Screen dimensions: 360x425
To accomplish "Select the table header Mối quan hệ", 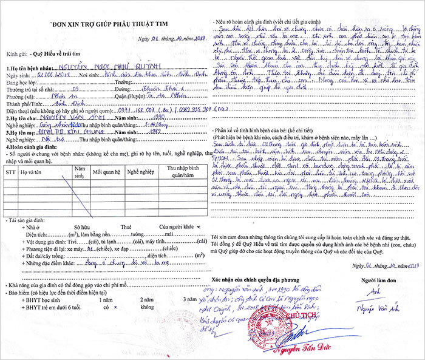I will (104, 172).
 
